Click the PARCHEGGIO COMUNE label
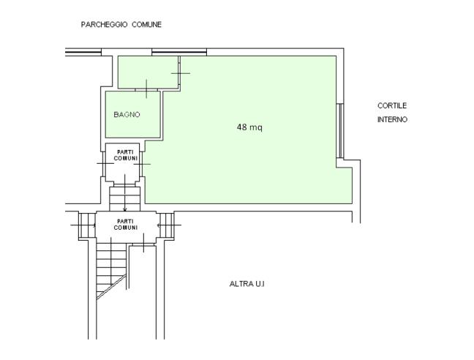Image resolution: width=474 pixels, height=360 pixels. coord(121,24)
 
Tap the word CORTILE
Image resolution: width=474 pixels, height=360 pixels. coord(392,105)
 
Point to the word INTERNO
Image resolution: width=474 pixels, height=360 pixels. coord(392,119)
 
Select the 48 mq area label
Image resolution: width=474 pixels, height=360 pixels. coord(249,127)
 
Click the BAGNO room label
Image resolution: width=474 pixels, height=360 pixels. coord(127,115)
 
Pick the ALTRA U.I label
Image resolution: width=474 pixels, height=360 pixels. coord(247,284)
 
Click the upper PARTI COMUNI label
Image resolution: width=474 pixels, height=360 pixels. coord(126,155)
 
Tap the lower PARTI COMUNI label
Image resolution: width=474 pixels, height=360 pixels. coord(126,225)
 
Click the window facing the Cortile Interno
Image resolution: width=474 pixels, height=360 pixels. coord(340,130)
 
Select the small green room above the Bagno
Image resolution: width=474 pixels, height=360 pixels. coord(148,72)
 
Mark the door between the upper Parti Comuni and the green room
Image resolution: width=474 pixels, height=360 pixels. coord(141,164)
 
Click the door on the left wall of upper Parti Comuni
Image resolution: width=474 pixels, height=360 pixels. coord(105,163)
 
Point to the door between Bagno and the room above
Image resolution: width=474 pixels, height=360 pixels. coord(146,89)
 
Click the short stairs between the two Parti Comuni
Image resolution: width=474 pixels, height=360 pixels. coord(125,198)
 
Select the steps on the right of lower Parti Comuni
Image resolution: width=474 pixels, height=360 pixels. coord(167,225)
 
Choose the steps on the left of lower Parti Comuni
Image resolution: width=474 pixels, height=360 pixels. coord(87,225)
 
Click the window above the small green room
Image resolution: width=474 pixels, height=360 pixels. coord(179,52)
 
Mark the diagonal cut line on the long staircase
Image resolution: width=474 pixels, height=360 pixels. coord(111,287)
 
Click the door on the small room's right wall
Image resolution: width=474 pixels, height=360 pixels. coord(179,73)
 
